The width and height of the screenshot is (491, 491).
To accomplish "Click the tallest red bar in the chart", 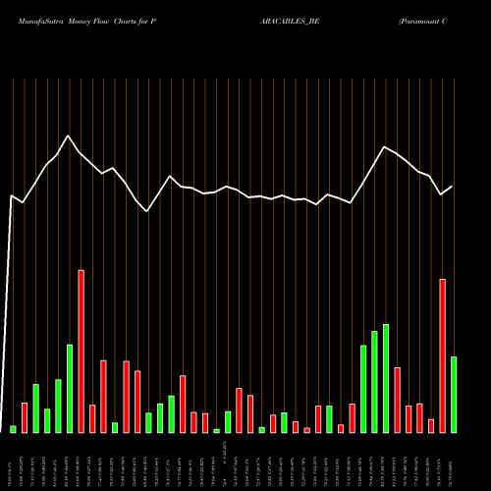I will point(81,351).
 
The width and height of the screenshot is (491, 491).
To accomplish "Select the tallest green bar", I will point(386,378).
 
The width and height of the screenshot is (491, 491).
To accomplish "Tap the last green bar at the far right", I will point(454,394).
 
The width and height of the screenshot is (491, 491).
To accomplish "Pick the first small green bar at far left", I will point(13,429).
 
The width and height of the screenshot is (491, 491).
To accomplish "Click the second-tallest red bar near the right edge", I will point(442,355).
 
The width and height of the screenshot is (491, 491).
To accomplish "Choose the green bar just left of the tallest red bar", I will point(70,388).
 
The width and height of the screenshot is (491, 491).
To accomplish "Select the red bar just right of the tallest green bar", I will point(397,400).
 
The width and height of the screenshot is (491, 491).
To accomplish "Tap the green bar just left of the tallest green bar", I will point(374,381).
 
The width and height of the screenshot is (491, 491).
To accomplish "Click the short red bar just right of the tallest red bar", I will point(92,418).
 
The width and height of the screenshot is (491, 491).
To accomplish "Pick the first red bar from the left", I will point(25,417).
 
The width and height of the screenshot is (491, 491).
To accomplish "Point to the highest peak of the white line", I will point(68,136).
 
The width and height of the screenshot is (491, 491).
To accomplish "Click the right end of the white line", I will point(452,187).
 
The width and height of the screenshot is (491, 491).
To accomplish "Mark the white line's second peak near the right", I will point(385,147).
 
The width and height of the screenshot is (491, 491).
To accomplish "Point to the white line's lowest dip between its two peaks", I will point(147,211).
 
